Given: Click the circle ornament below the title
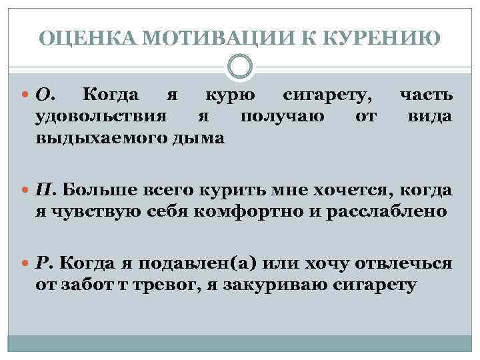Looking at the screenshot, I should (240, 67).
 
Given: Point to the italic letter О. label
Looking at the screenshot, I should (46, 97).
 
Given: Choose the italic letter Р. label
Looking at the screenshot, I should (45, 261).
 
